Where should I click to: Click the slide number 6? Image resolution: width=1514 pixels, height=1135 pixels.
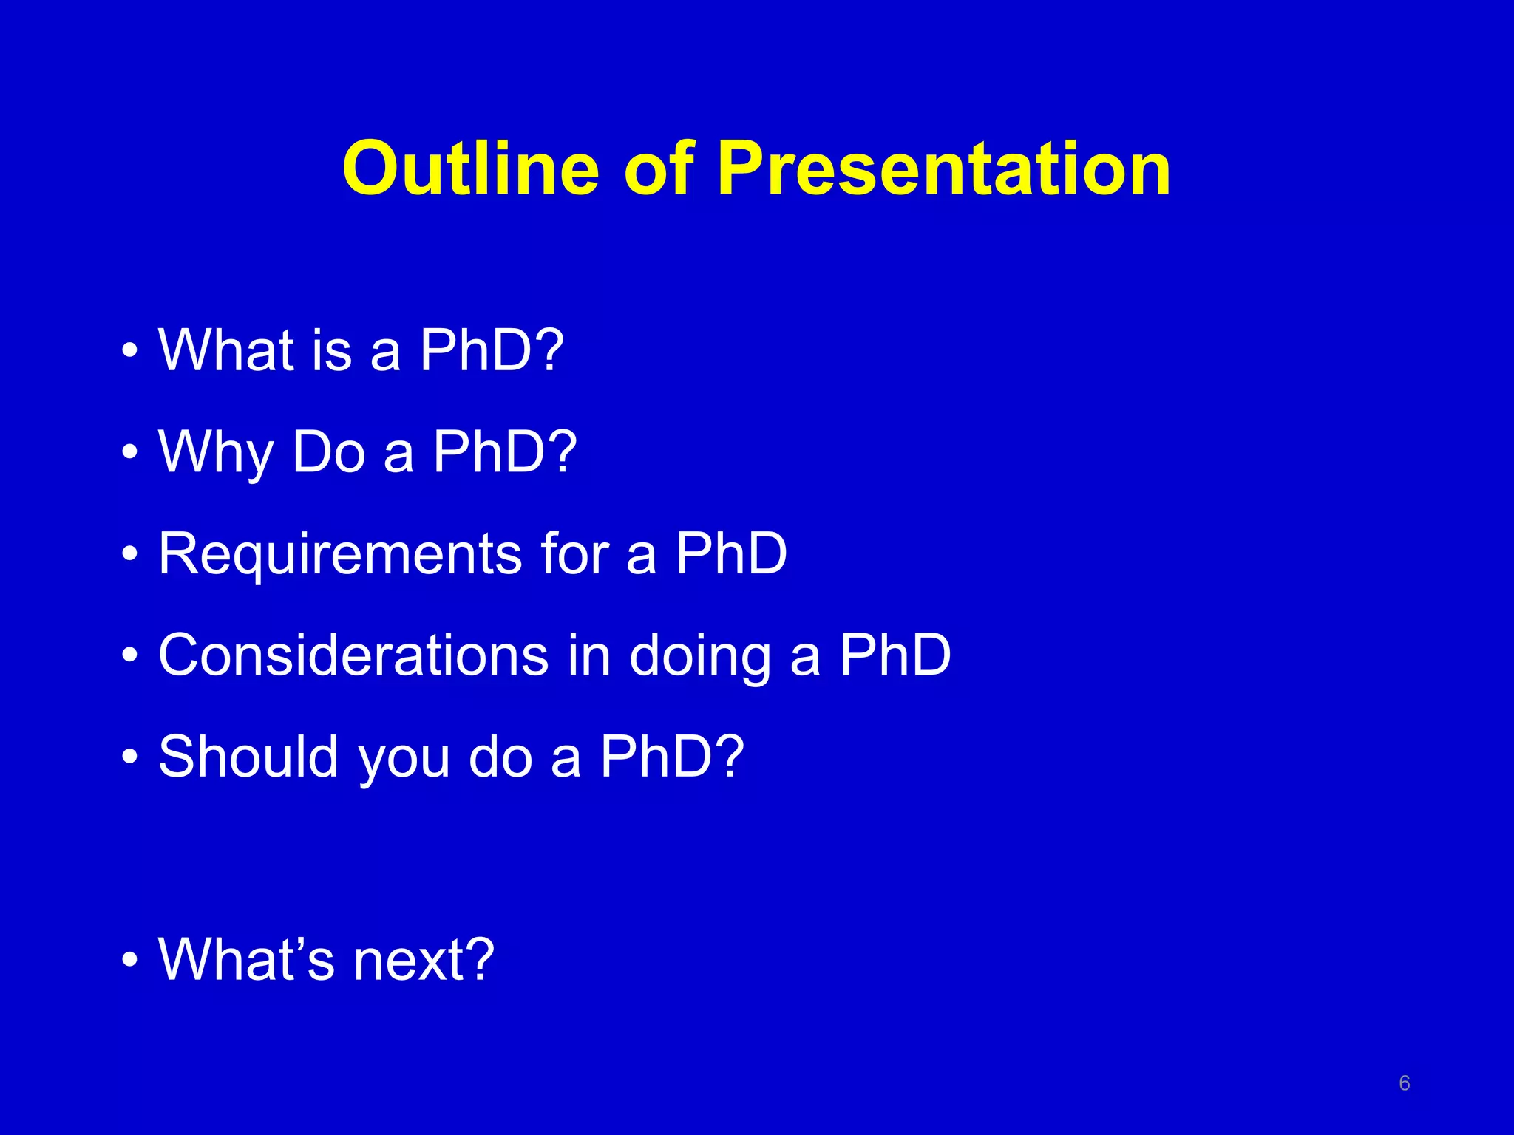[1405, 1083]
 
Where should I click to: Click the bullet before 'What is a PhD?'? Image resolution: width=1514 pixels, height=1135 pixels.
[130, 351]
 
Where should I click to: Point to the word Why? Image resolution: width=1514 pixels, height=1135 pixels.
[216, 452]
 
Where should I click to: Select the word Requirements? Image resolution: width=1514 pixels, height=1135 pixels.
[340, 554]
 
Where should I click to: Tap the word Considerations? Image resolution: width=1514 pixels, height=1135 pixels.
[353, 655]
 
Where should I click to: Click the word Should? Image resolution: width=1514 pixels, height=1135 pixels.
[248, 757]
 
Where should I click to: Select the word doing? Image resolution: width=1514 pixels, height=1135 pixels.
[699, 656]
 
